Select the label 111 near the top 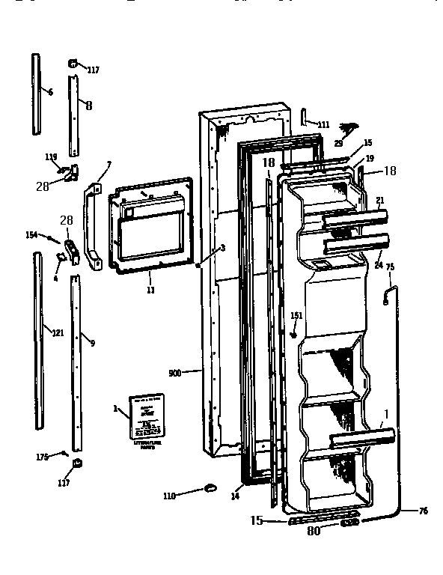323,124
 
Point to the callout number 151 296,315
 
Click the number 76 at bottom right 423,511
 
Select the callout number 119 51,157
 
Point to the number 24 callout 378,264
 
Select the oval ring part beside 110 209,489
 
